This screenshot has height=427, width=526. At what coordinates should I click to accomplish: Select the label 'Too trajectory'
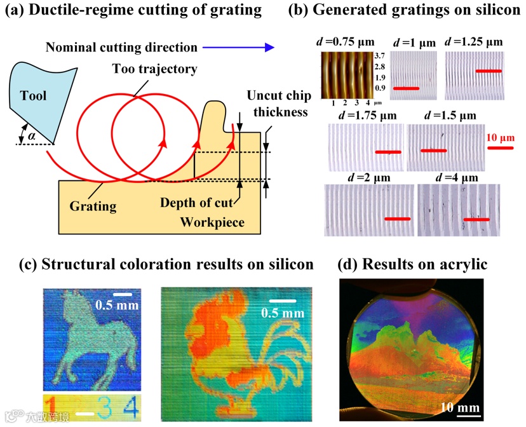pos(154,69)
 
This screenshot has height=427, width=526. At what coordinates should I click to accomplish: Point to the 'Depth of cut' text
pos(198,202)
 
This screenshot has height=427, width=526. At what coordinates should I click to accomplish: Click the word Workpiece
pos(212,222)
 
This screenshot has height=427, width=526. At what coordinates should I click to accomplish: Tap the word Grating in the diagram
pos(93,205)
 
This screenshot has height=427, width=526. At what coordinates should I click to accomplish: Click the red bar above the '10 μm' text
pos(500,147)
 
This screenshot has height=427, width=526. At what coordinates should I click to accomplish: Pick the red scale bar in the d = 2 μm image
pos(398,220)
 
